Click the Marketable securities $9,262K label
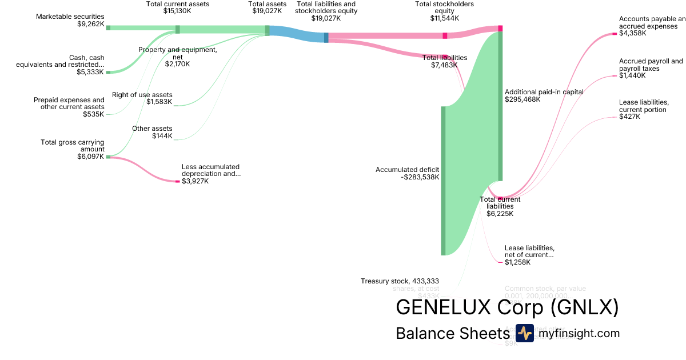click(x=70, y=21)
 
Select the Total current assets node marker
click(x=177, y=29)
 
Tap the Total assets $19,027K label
click(x=267, y=7)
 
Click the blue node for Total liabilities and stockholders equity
click(x=326, y=38)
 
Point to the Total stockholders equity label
click(x=444, y=11)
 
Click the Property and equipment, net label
click(x=177, y=57)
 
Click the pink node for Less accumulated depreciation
click(x=177, y=181)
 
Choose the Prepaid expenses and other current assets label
click(x=69, y=107)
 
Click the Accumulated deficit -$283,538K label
click(x=407, y=173)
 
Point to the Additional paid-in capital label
click(x=544, y=95)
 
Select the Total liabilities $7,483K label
click(x=445, y=61)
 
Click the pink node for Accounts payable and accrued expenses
click(x=615, y=34)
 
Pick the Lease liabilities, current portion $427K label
click(x=644, y=109)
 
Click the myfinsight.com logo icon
click(x=524, y=333)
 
